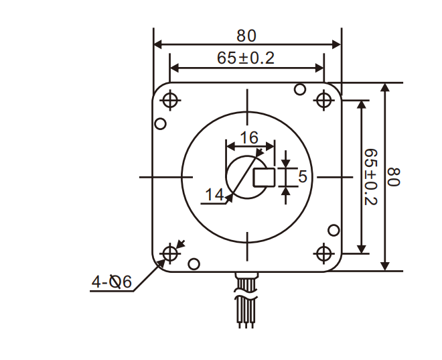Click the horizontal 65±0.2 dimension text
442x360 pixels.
tap(246, 58)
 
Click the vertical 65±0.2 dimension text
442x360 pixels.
tap(370, 177)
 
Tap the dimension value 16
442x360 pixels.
tap(249, 138)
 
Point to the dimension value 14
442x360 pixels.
tap(214, 194)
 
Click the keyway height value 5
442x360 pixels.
tap(302, 177)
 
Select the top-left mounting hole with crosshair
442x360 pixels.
tap(170, 100)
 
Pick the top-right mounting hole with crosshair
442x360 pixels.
tap(324, 100)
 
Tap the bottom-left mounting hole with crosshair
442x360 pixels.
tap(170, 253)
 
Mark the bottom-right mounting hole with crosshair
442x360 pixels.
tap(324, 253)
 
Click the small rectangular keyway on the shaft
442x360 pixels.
tap(264, 177)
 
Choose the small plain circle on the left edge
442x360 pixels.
tap(160, 124)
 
